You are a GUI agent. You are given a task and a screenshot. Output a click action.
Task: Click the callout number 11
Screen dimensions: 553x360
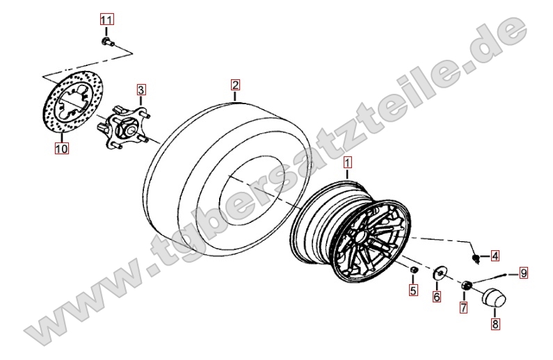pos(106,19)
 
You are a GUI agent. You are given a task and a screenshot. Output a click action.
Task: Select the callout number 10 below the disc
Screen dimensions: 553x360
pos(61,148)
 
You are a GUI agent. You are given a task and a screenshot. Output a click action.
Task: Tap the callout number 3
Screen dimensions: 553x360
pos(141,90)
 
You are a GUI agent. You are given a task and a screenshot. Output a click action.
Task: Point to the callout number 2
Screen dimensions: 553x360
pos(235,85)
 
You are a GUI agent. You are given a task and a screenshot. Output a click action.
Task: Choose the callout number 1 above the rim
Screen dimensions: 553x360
pos(348,163)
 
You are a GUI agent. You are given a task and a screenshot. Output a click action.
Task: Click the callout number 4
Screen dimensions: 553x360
pos(495,256)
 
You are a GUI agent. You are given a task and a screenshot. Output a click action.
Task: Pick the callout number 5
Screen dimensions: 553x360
pos(413,291)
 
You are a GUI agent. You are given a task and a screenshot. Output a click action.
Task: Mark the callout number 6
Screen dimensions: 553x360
pos(437,297)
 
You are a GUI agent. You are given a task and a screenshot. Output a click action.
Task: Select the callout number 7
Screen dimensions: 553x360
pos(463,307)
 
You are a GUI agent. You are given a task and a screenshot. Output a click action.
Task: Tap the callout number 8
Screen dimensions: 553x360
pos(495,324)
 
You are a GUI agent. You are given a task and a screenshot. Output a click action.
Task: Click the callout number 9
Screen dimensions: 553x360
pos(523,273)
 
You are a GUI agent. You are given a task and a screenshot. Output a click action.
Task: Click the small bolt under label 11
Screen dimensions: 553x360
pos(108,42)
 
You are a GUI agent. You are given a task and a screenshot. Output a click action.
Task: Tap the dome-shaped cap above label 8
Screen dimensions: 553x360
pos(494,298)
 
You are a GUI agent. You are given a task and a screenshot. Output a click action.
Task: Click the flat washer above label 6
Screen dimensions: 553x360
pos(440,272)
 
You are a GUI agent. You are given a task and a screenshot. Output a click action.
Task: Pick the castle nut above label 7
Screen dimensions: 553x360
pos(467,285)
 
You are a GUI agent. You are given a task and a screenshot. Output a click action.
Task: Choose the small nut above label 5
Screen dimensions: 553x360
pos(414,270)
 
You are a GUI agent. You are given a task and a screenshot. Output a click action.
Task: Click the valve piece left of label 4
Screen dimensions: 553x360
pos(476,259)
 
